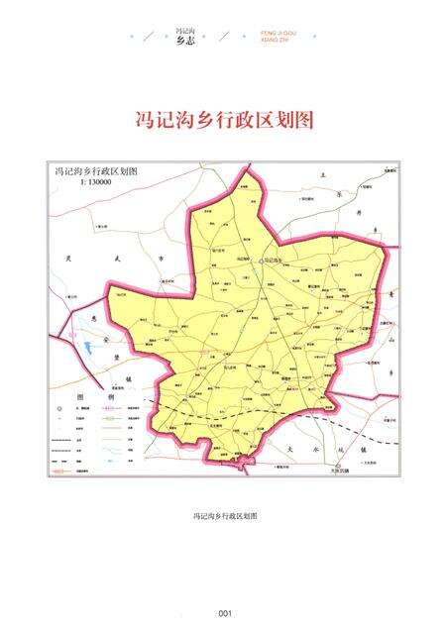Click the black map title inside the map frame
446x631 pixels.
click(96, 171)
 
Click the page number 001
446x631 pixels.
click(224, 611)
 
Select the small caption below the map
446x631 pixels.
click(224, 516)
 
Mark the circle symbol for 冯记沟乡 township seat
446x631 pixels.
click(262, 261)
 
